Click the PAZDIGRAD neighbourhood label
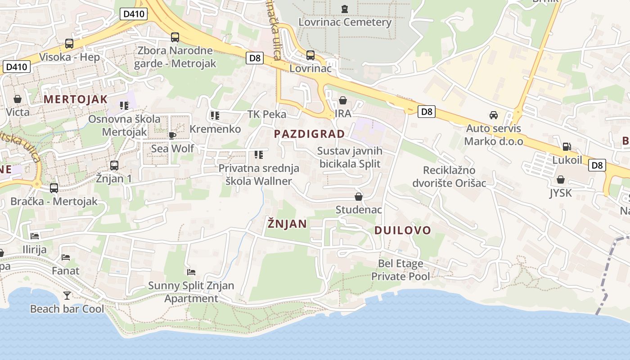[x=309, y=134]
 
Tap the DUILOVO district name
[x=403, y=230]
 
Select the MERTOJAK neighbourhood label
[x=76, y=99]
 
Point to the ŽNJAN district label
[x=287, y=224]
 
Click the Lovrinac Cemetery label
[x=345, y=22]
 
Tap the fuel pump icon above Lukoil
[x=567, y=147]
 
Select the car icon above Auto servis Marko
[x=494, y=115]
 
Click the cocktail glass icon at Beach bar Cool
[x=67, y=295]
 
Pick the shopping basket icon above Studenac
[x=359, y=197]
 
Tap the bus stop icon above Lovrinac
[x=310, y=55]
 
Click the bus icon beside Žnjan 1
[x=114, y=165]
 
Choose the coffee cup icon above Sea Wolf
[x=172, y=135]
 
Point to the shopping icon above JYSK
[x=561, y=180]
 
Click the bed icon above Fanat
[x=66, y=257]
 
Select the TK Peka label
[x=267, y=114]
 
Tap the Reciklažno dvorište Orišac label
[x=449, y=177]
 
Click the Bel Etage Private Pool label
[x=400, y=270]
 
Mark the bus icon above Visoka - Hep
[x=69, y=44]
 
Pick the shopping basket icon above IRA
[x=343, y=100]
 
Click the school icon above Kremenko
[x=215, y=116]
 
